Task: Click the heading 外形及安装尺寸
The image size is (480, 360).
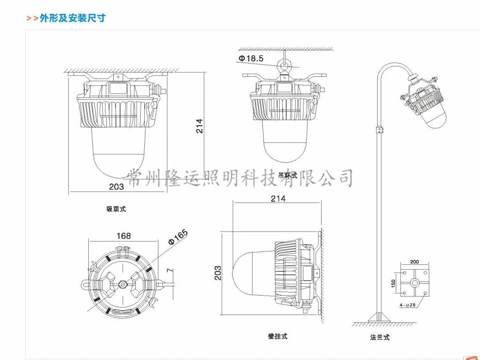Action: click(x=72, y=18)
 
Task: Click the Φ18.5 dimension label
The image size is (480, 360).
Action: click(x=251, y=58)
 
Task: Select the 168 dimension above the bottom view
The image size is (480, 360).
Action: click(x=124, y=236)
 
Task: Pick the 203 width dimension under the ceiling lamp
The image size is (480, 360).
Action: click(x=116, y=187)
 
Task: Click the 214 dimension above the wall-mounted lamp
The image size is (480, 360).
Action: click(x=278, y=199)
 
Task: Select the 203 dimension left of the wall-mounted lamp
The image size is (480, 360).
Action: click(x=218, y=273)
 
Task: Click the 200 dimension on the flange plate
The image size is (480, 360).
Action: click(x=414, y=262)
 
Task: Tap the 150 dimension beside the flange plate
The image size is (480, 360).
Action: click(x=394, y=283)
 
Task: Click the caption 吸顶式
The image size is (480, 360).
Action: click(x=116, y=209)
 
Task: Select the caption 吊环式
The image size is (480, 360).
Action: click(x=288, y=175)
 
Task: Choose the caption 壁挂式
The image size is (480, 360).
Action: click(x=277, y=336)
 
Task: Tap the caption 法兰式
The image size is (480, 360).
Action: click(x=380, y=337)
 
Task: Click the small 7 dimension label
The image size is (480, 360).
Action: click(x=169, y=270)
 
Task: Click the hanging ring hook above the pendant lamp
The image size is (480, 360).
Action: click(x=283, y=67)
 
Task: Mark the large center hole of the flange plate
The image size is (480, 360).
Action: click(x=415, y=283)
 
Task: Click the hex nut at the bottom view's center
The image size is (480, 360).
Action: click(x=123, y=285)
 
